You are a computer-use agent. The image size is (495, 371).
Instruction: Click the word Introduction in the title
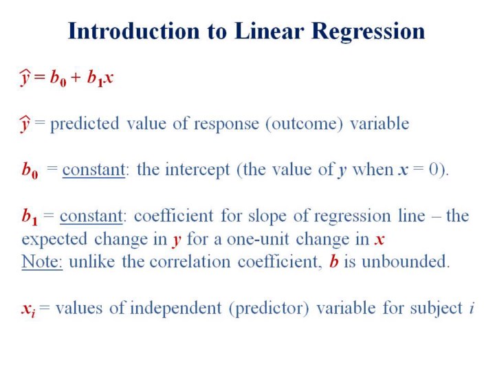coord(134,31)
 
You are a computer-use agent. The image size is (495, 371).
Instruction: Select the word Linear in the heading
coord(269,31)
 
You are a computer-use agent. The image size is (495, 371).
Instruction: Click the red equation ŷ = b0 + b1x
coord(66,78)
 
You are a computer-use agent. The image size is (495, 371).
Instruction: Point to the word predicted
coord(85,124)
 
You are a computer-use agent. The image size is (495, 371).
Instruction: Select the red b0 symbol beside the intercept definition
coord(30,170)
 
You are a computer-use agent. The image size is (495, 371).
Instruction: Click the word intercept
coord(197,170)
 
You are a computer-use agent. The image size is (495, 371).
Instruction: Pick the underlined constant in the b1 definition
coord(91,216)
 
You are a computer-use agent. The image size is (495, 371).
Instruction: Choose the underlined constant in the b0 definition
coord(93,170)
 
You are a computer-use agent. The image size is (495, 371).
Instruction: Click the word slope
coord(267,217)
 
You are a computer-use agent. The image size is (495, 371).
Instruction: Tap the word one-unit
coord(258,240)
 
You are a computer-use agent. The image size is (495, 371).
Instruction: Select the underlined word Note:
coord(42,262)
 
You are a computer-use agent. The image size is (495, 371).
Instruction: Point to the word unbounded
coord(406,262)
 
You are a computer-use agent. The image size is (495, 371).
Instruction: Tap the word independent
coord(175,308)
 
